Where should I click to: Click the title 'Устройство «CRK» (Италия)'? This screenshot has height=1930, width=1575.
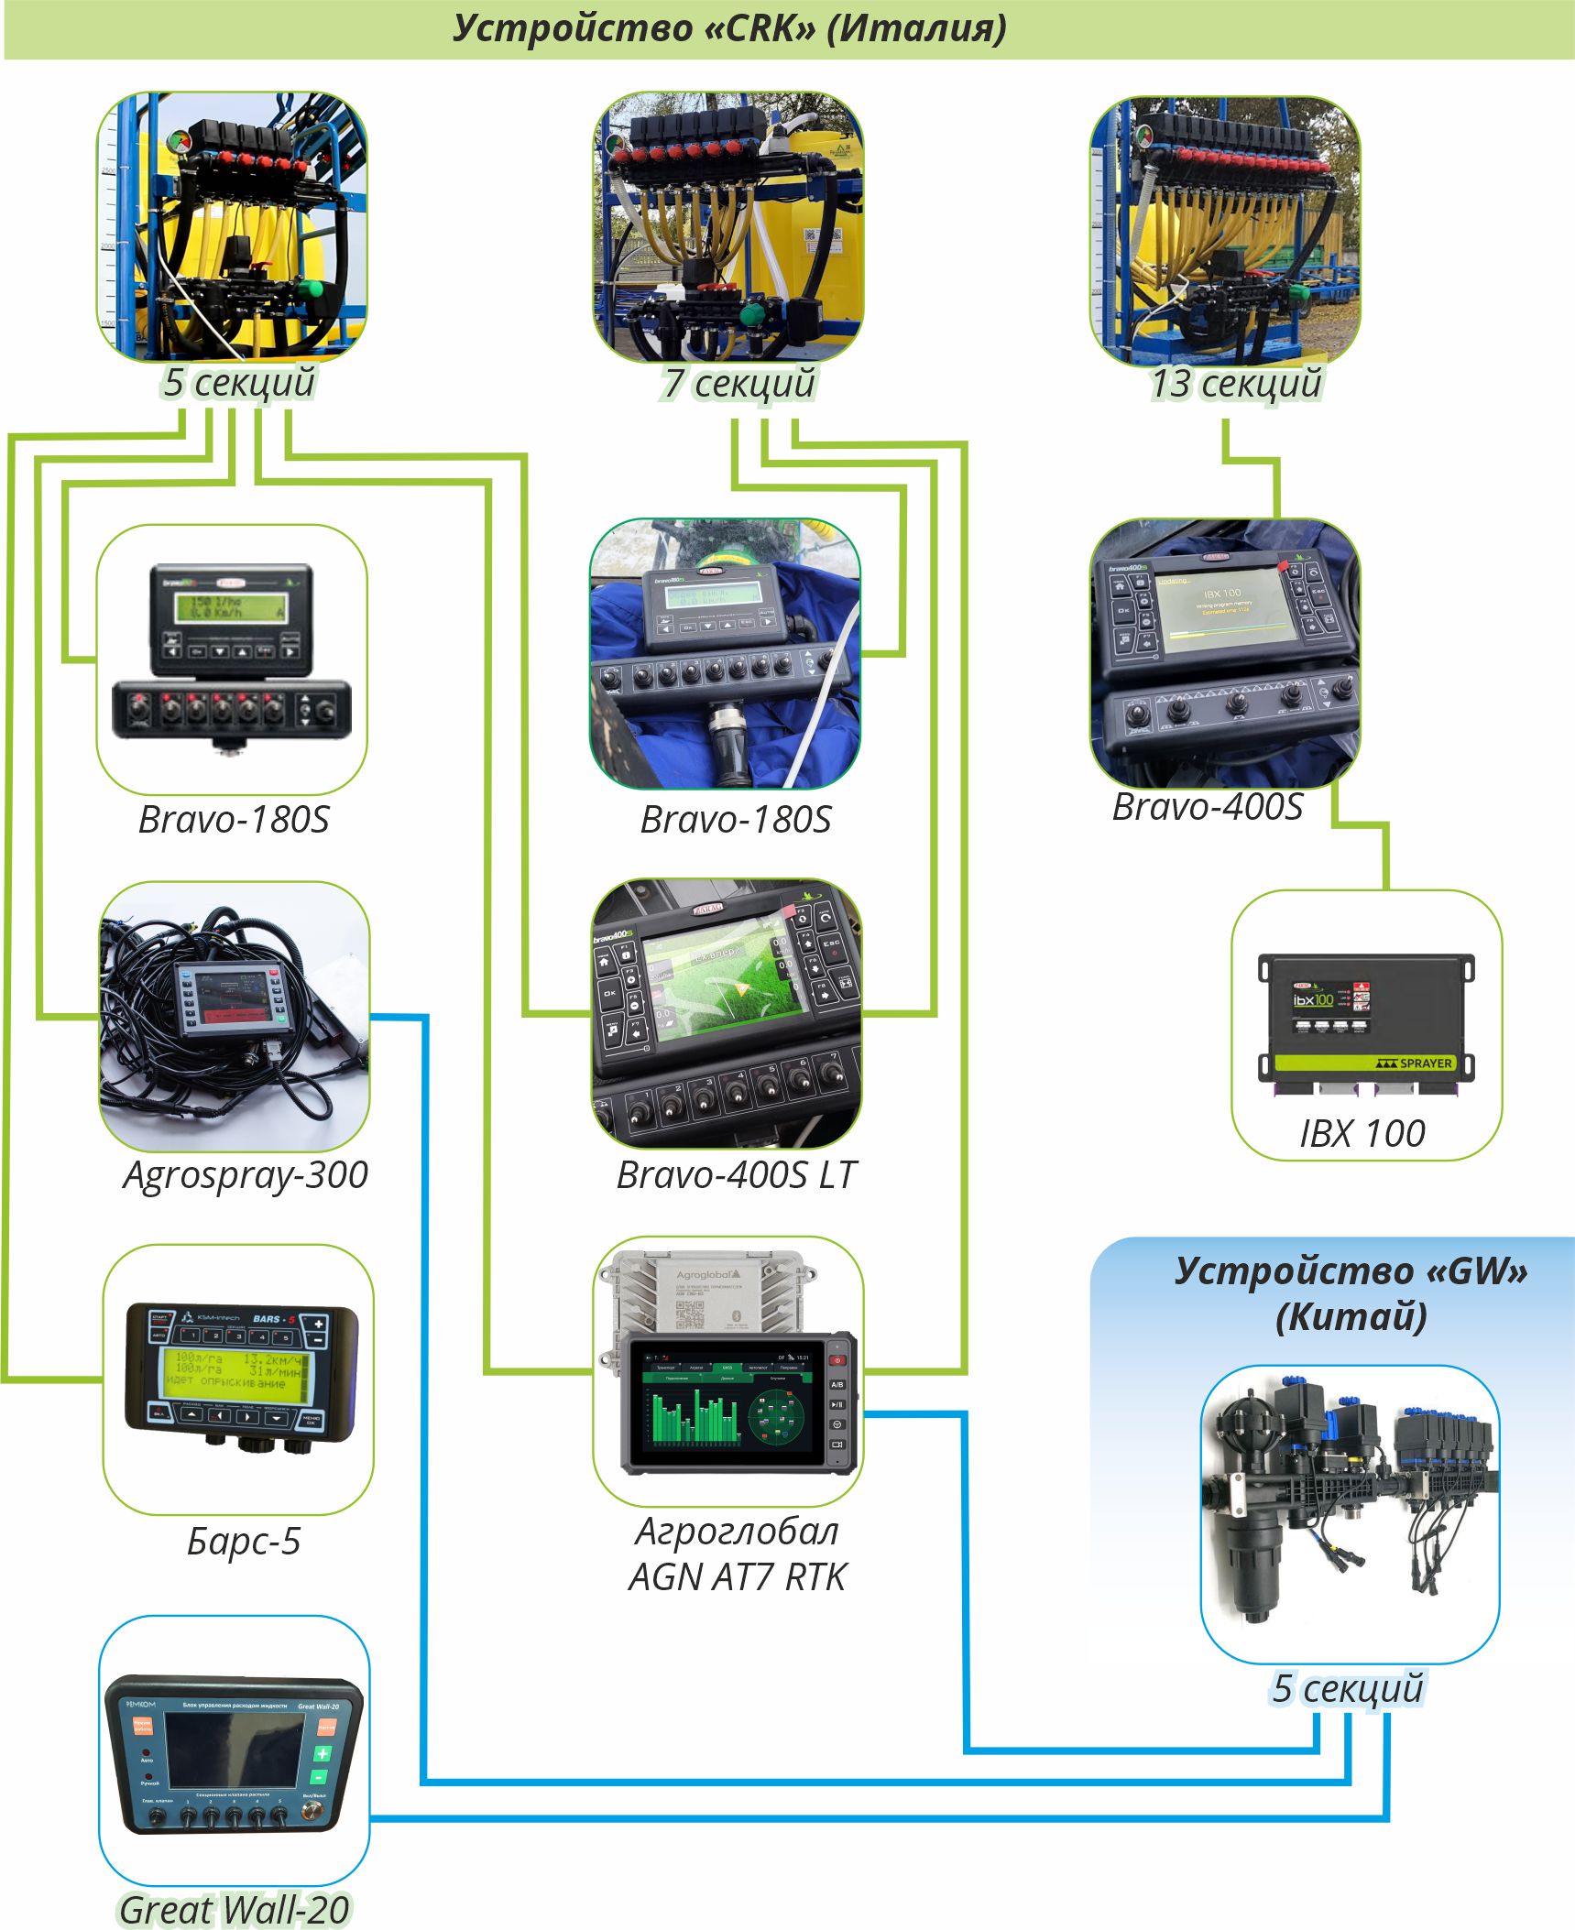pyautogui.click(x=729, y=28)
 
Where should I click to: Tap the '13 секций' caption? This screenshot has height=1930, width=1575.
pyautogui.click(x=1236, y=383)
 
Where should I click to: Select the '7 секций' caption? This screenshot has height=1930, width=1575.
pyautogui.click(x=739, y=383)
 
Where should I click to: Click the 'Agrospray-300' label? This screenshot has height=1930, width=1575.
pyautogui.click(x=245, y=1175)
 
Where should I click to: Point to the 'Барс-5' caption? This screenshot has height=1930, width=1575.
pyautogui.click(x=244, y=1542)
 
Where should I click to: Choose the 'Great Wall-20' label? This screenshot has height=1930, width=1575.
pyautogui.click(x=235, y=1909)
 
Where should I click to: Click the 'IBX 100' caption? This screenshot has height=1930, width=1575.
pyautogui.click(x=1362, y=1133)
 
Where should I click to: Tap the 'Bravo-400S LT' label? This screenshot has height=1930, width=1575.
pyautogui.click(x=736, y=1175)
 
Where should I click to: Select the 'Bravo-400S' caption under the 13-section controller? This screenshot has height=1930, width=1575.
pyautogui.click(x=1207, y=807)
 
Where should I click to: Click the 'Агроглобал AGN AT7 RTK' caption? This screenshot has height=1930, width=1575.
pyautogui.click(x=738, y=1554)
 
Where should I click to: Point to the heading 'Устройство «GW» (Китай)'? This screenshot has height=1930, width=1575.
pyautogui.click(x=1351, y=1292)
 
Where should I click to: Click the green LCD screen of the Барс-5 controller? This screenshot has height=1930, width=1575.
pyautogui.click(x=236, y=1370)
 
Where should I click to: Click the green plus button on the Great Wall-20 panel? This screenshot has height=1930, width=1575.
pyautogui.click(x=322, y=1753)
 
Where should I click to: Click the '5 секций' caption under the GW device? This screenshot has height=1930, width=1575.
pyautogui.click(x=1348, y=1688)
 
